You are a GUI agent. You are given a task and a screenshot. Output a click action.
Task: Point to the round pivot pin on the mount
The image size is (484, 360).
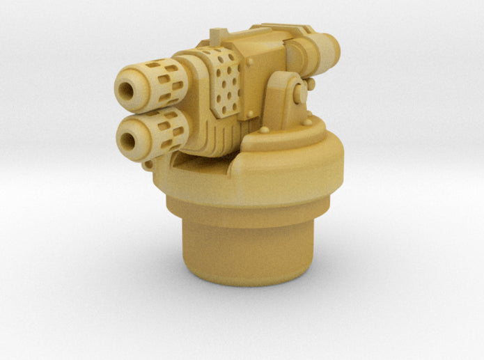[x=299, y=92]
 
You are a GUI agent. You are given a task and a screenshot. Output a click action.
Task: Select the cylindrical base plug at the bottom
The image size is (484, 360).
[x=236, y=251]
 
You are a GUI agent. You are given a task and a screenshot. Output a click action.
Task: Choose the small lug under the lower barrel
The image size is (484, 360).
[x=147, y=164]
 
